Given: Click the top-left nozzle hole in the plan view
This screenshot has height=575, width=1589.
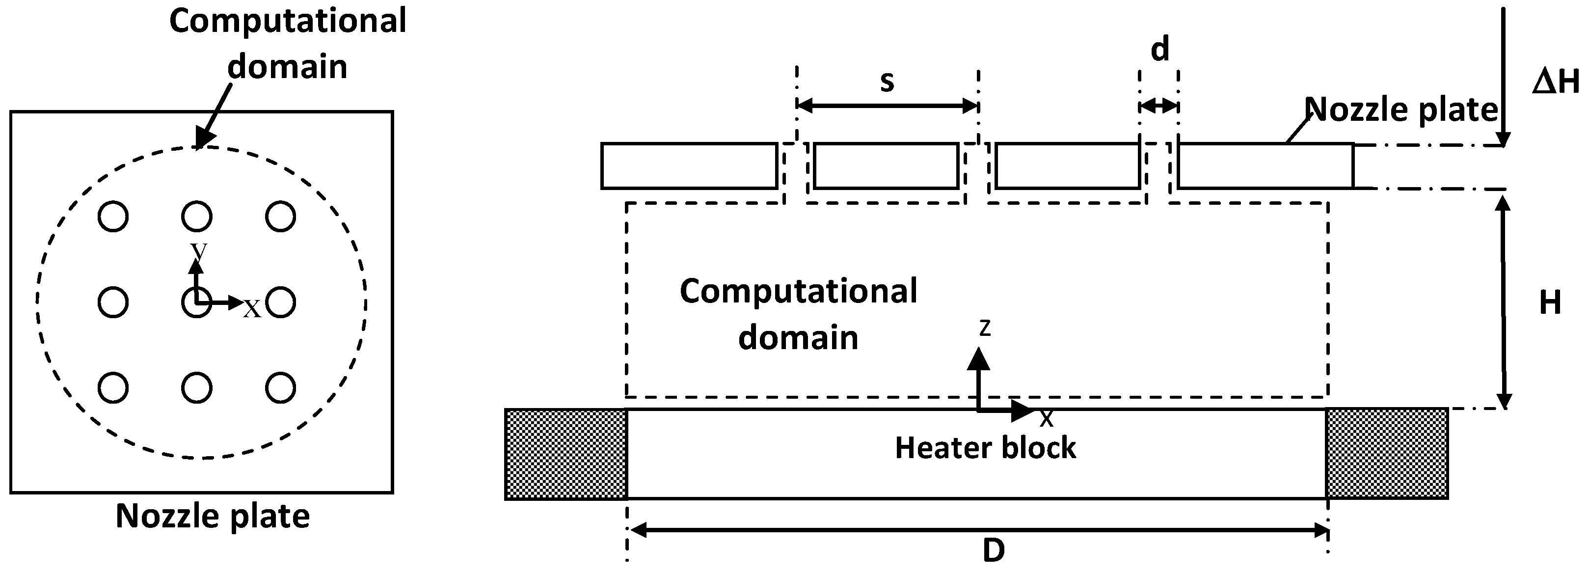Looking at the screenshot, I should coord(113,217).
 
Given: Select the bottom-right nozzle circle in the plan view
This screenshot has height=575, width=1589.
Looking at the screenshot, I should coord(281,388).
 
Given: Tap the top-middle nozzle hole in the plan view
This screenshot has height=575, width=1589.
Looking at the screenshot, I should coord(197,217).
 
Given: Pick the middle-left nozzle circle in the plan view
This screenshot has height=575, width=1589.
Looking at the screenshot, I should coord(113,302).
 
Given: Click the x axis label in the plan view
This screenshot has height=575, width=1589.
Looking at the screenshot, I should coord(252,308).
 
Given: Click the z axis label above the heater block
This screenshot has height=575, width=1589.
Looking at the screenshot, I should coord(985,328).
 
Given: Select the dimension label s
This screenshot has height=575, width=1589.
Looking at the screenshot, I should coord(887,81).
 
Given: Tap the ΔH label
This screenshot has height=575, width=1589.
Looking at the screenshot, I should coord(1556,82).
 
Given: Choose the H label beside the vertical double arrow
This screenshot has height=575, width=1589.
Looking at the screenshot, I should coord(1550,303).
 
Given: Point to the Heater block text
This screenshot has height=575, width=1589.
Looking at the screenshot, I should coord(985,448).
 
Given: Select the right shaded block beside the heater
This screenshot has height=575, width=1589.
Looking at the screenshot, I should coord(1387,453).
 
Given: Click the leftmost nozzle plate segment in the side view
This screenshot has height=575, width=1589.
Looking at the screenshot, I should coord(689,166).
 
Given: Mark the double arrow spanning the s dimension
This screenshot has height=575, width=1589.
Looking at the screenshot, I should coord(888,106).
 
